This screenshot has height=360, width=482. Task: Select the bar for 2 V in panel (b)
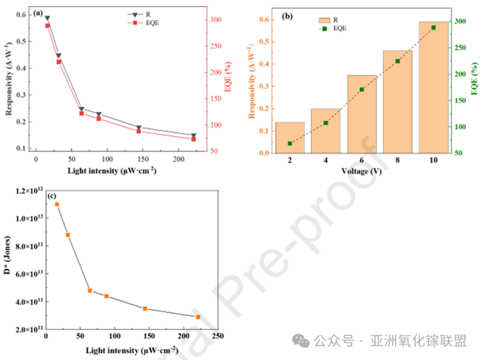coord(290,137)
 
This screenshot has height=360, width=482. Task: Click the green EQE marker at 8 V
coord(397,61)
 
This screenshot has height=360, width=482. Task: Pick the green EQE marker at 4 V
coord(325,123)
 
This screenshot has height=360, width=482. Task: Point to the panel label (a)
coord(38,13)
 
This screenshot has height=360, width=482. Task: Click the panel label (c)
coord(51,196)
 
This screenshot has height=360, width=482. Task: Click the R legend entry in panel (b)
coord(328,20)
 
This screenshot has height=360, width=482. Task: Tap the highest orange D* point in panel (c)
coord(57,205)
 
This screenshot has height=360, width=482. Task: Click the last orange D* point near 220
coord(198,317)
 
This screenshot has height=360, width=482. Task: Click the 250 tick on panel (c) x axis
coord(218,336)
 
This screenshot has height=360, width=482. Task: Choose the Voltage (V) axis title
coord(362,171)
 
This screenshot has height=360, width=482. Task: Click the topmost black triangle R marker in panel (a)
coord(47,18)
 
